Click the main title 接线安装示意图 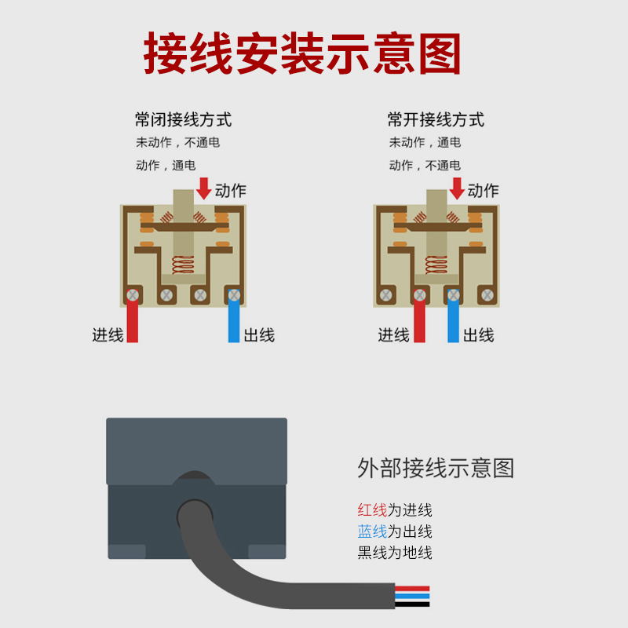tap(302, 53)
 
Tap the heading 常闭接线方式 tap(183, 120)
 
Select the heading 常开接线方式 tap(436, 120)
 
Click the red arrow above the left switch tap(203, 188)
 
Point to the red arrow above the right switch tap(456, 188)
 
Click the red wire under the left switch tap(133, 322)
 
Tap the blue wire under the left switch tap(233, 322)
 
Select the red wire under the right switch tap(419, 322)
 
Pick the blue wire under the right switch tap(453, 322)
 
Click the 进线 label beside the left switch tap(108, 335)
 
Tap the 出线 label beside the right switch tap(478, 335)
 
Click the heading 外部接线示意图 tap(436, 469)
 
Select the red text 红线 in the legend tap(372, 510)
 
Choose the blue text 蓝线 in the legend tap(372, 531)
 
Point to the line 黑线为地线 tap(395, 553)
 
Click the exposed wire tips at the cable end tap(412, 596)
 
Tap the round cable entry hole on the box tap(194, 514)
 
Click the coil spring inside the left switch tap(183, 266)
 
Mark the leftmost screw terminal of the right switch tap(385, 295)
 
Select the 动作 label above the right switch tap(483, 191)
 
